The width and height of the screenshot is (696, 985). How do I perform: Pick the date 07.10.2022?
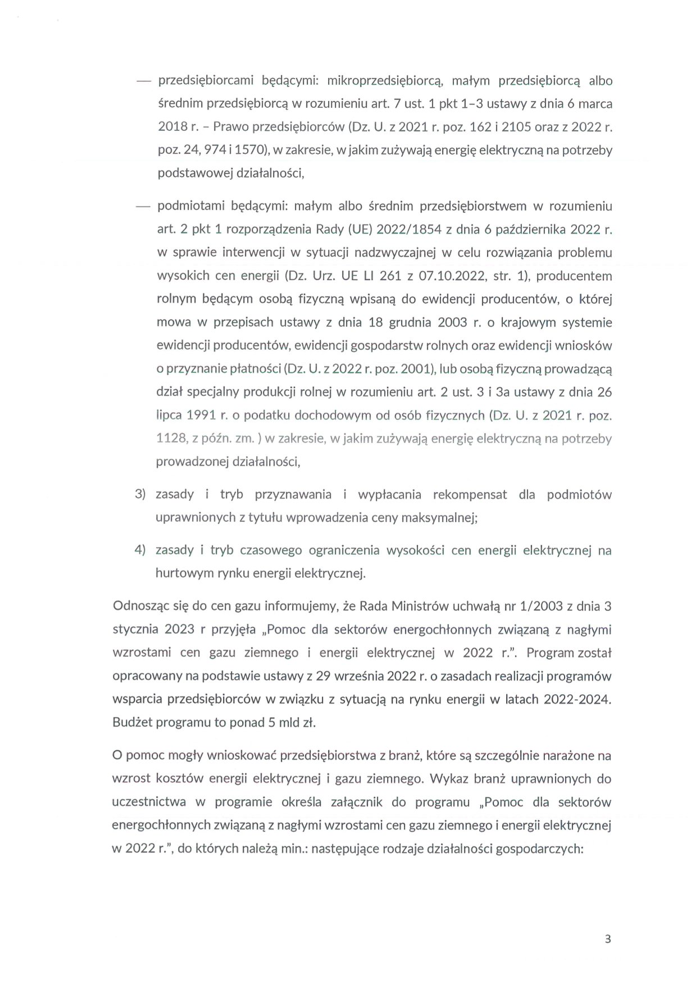(451, 276)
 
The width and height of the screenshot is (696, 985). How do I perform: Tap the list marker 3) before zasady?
(140, 494)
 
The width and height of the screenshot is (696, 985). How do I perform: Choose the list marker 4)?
(140, 550)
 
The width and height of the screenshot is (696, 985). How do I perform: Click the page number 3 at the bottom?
(608, 938)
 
